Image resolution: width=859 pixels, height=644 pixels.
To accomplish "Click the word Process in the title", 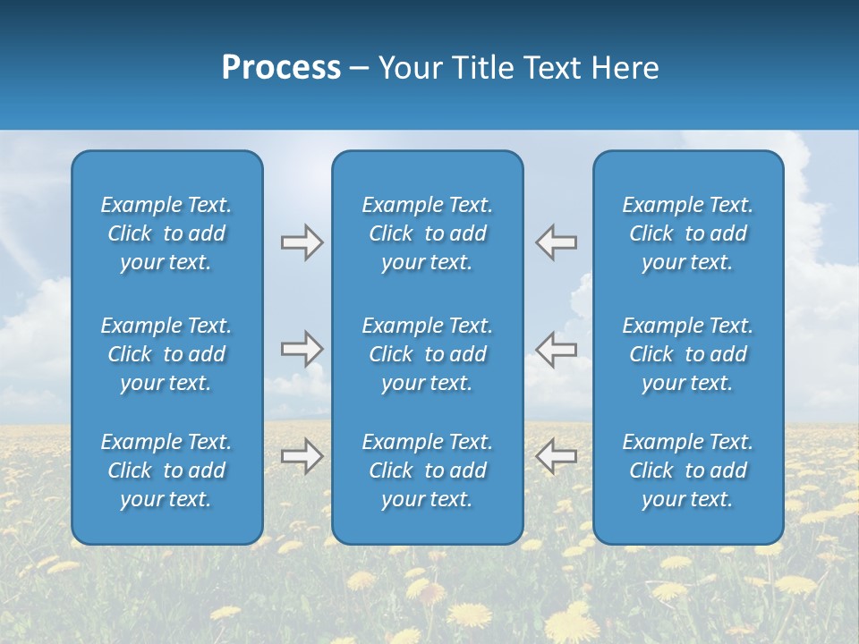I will [x=281, y=68].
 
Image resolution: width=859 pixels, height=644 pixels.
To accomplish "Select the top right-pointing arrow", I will [x=302, y=242].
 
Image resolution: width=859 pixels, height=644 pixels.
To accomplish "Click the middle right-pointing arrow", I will [x=302, y=349].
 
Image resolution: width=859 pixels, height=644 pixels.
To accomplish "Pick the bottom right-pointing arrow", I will [x=302, y=456].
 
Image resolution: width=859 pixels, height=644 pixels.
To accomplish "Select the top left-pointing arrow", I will [x=557, y=242].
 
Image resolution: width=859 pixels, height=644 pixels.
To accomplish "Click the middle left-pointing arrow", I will [x=557, y=349].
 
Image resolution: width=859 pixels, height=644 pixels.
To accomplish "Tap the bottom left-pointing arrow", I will [x=557, y=456].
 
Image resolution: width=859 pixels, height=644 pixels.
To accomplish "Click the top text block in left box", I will [x=166, y=233].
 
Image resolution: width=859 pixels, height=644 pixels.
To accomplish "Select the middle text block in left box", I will [x=166, y=354].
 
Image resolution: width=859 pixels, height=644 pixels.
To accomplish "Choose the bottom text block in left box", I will [x=166, y=470].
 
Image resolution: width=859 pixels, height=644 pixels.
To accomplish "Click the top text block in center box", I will [x=428, y=233].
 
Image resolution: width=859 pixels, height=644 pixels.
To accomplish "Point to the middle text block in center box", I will [x=428, y=354].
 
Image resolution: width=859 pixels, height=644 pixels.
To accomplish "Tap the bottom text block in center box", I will [x=428, y=470].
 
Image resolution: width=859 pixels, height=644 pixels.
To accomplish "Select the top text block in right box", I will [x=688, y=233].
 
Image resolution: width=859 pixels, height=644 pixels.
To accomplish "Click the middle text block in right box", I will [x=688, y=354].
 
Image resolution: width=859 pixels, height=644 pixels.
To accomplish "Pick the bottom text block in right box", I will [x=688, y=470].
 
